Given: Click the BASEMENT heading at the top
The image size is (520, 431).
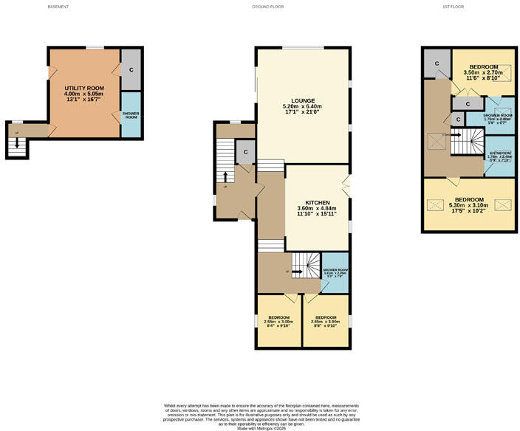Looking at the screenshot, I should pos(58,7).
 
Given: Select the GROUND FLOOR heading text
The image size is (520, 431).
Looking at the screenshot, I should pos(267,7).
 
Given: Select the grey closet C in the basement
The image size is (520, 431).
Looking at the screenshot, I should pos(131,69).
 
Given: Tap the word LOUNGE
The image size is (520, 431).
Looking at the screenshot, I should pos(303,100).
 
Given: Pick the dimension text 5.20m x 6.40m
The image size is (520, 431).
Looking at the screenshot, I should pos(303,107).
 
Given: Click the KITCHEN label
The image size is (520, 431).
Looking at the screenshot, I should pos(316,202).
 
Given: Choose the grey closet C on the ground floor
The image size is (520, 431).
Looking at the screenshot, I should pos(245,151).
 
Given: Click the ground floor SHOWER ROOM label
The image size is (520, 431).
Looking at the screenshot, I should pos(335,269).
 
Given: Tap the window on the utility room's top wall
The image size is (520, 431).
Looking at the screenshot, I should pos(94,48).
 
